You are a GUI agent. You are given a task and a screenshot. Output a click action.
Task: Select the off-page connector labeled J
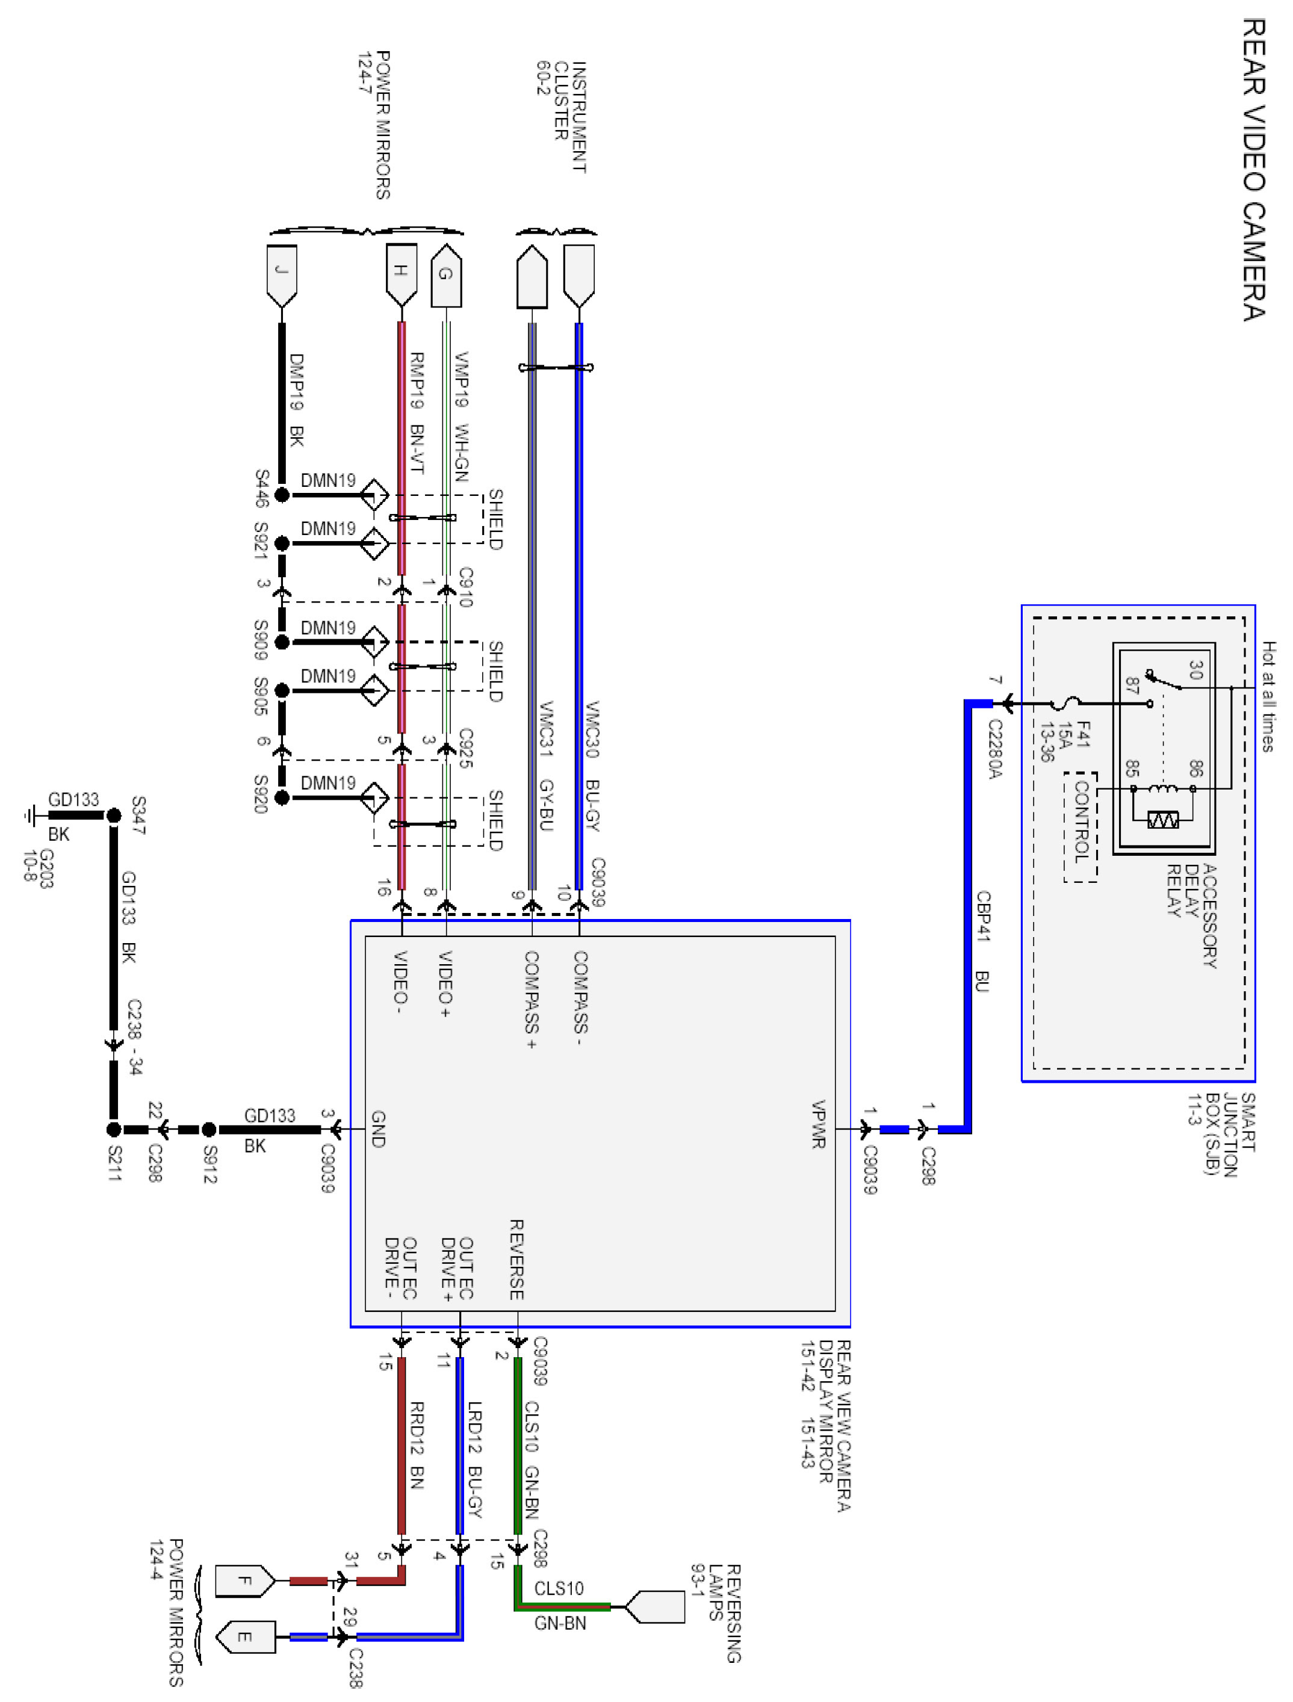(282, 276)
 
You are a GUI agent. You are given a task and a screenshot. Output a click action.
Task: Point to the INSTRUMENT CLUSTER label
(570, 117)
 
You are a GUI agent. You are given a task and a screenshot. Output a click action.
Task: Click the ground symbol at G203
(31, 815)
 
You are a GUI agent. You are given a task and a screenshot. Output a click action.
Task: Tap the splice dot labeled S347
(114, 815)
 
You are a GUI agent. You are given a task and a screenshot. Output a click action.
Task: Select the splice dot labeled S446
(282, 495)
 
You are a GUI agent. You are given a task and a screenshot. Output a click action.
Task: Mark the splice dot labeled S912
(208, 1130)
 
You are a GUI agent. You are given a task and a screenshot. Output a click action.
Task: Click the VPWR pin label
(818, 1124)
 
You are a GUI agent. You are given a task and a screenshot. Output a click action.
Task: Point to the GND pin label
(378, 1129)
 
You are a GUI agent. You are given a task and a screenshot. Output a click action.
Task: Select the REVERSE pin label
(516, 1260)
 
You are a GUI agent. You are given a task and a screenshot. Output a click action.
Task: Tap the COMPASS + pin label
(531, 1000)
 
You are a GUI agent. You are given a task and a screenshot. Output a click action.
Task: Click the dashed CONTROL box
(1081, 827)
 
